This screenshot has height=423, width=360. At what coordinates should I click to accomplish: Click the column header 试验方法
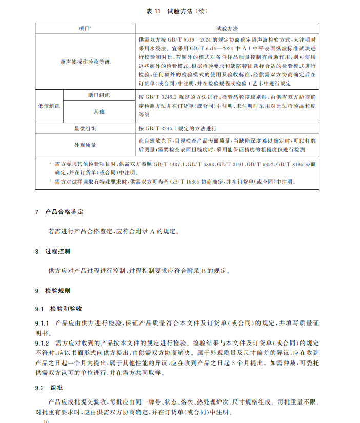pos(227,28)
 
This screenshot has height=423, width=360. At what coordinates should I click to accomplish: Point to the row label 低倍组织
pos(49,106)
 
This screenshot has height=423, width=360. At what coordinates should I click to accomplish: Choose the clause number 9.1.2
pos(42,341)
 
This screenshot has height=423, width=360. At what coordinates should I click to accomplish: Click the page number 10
pos(46,421)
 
